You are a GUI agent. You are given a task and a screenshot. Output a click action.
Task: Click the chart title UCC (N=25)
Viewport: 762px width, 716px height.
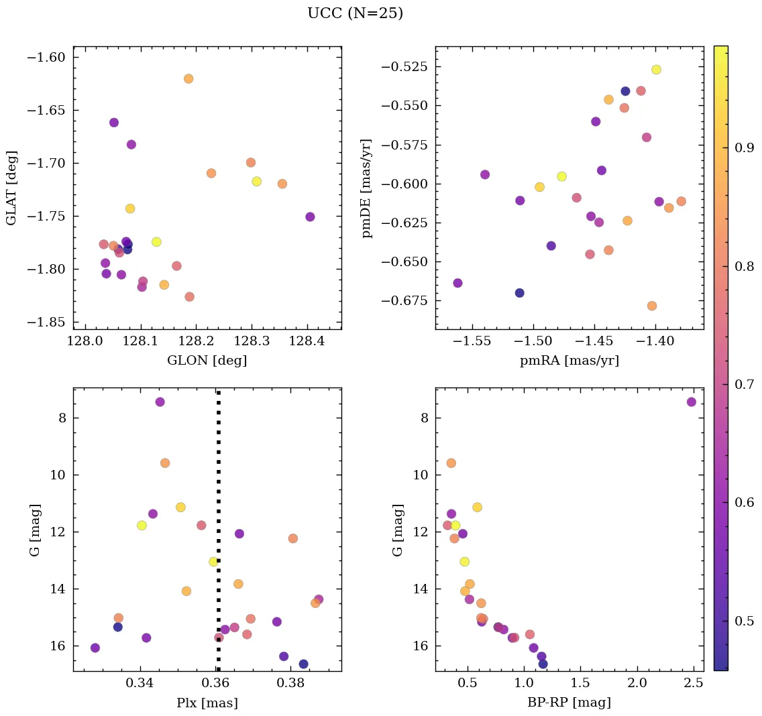tap(355, 13)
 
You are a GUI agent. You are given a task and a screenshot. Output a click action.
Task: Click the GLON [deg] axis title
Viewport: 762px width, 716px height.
tap(207, 361)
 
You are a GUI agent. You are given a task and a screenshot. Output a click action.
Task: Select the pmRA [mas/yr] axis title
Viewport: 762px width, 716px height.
tap(569, 361)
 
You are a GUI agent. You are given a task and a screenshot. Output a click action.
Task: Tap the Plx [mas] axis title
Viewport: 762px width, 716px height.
tap(207, 703)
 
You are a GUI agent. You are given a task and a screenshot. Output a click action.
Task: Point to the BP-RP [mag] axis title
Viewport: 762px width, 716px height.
tap(569, 703)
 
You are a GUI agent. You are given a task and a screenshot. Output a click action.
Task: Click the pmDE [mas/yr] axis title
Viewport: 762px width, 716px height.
tap(366, 188)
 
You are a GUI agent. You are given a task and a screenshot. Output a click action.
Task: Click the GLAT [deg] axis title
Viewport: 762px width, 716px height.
tap(11, 188)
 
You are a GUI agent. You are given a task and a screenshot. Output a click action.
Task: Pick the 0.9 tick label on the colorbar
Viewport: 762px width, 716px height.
tap(745, 148)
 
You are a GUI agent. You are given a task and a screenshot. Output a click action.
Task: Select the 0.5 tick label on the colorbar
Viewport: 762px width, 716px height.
tap(745, 621)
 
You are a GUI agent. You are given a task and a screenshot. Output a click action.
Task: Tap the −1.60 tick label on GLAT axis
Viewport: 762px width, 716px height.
tap(46, 57)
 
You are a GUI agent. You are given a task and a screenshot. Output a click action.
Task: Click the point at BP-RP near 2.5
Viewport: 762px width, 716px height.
tap(691, 402)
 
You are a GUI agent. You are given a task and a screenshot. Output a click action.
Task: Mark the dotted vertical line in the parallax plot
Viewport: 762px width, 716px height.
tap(218, 536)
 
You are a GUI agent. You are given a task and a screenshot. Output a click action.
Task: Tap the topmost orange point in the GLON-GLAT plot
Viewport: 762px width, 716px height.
tap(188, 78)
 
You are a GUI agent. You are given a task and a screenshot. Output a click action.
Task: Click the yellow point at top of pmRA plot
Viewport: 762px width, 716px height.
tap(656, 70)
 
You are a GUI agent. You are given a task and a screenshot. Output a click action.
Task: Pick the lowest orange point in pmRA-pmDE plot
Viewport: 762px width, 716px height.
tap(651, 306)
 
